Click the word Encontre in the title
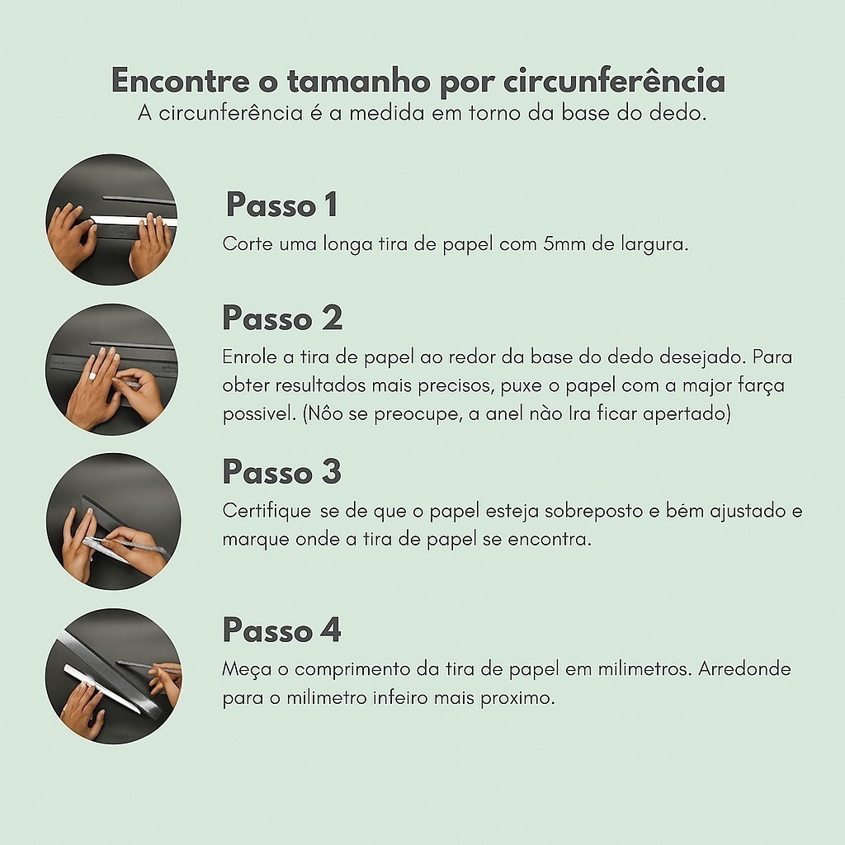(x=181, y=81)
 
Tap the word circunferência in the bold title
(x=614, y=81)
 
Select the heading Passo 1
(x=282, y=205)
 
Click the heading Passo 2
(x=282, y=318)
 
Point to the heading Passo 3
(x=282, y=471)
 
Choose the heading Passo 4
(x=282, y=630)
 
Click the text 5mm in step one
(x=564, y=244)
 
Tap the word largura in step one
(x=654, y=245)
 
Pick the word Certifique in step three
(x=267, y=511)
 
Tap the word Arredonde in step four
(x=745, y=668)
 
